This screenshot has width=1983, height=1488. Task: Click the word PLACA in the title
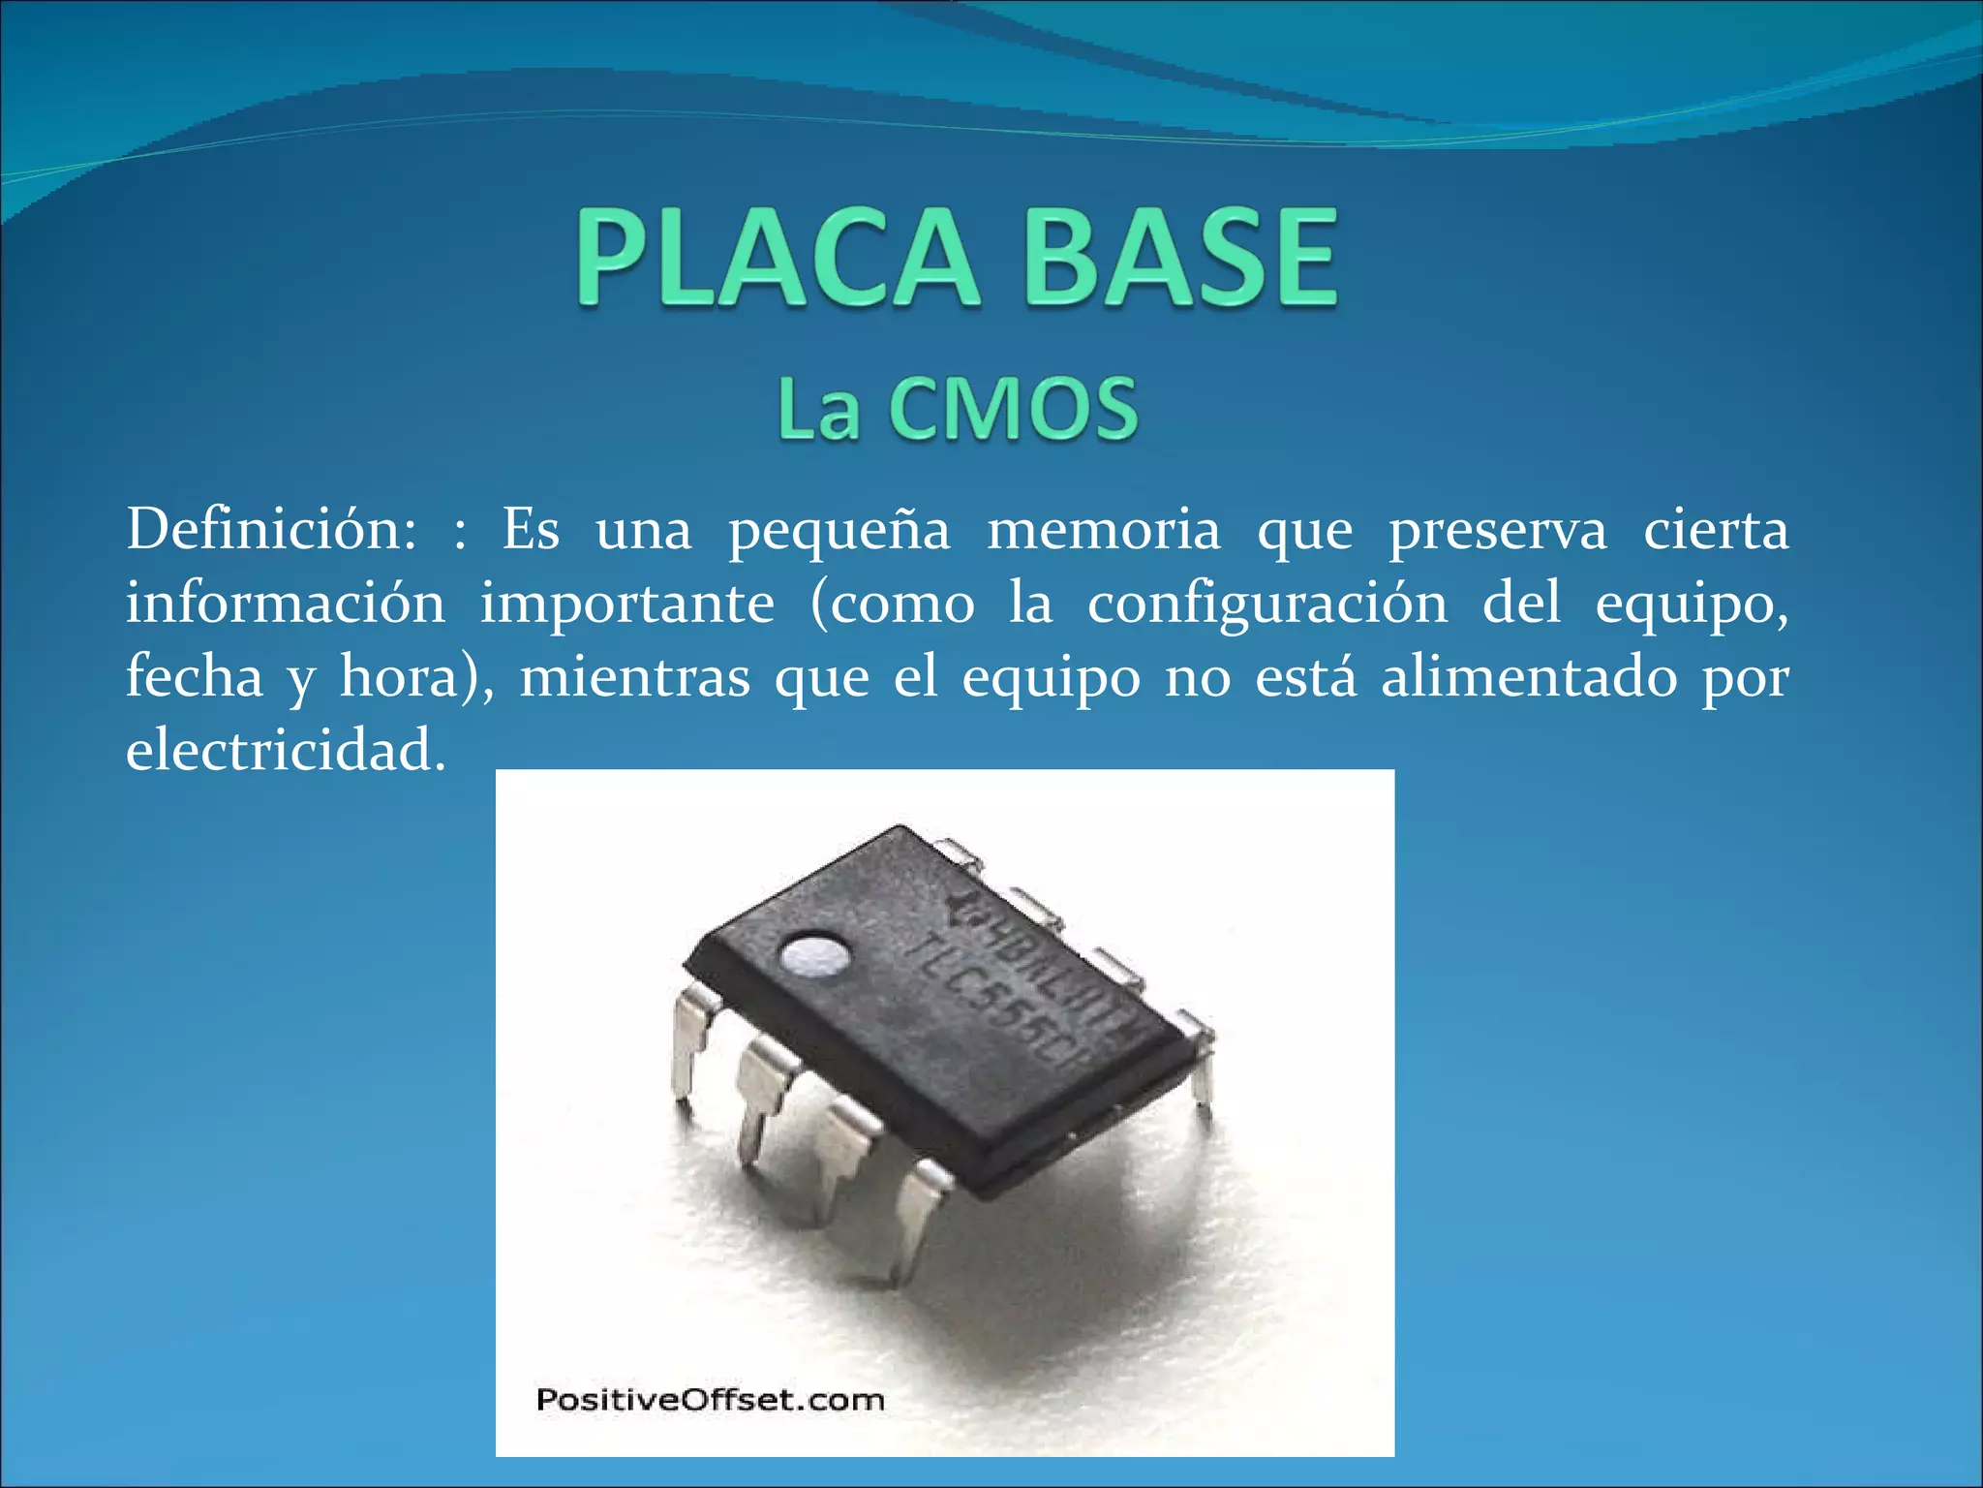coord(776,259)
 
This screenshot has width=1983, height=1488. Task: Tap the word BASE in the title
coord(1179,259)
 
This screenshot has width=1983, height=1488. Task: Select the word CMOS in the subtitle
coord(1013,410)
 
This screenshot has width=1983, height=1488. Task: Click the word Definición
coord(271,530)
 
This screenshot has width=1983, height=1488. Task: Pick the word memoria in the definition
coord(1104,530)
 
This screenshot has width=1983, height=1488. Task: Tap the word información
coord(286,603)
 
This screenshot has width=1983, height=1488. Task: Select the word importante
coord(627,604)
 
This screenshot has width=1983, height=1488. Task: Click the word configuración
coord(1267,604)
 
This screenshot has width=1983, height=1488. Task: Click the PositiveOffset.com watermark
coord(711,1400)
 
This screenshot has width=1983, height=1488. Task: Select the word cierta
coord(1716,530)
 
